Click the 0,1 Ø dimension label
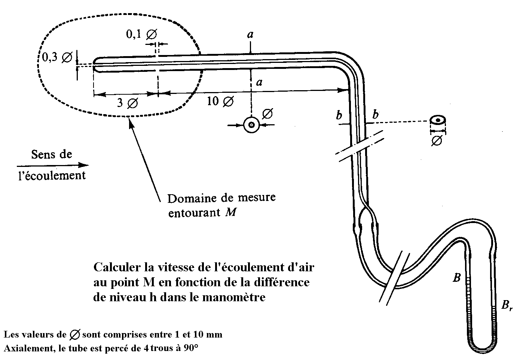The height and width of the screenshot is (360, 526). point(141,35)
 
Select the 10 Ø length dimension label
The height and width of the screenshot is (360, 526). point(220,101)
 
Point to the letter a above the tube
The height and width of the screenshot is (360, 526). point(250,34)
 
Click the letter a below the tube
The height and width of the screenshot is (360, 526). point(259,82)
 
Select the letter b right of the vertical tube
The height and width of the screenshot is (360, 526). point(375,115)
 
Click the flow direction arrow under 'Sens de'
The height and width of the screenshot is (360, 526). point(52,165)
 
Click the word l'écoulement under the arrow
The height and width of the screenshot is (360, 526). point(52,175)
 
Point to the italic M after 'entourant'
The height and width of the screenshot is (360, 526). point(231,213)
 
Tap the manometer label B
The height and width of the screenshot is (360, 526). point(456,278)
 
